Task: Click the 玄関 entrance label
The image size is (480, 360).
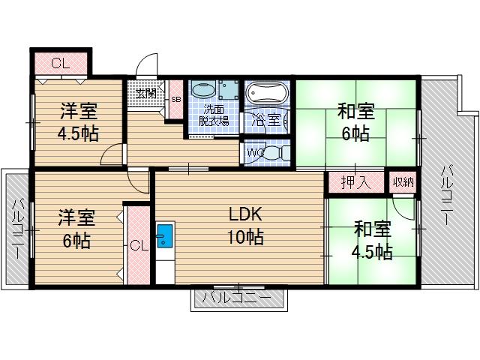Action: click(146, 93)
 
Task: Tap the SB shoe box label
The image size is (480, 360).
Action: click(175, 98)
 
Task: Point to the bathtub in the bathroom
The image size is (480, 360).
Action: click(266, 94)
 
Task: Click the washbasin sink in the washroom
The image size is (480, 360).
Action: click(202, 91)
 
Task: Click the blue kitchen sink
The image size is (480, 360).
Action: click(164, 237)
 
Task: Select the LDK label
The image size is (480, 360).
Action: click(244, 213)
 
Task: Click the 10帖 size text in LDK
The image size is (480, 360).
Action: click(245, 238)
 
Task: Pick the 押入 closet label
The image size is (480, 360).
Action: click(354, 181)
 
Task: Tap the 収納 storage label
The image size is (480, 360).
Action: click(401, 181)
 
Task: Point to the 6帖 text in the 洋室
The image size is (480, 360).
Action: click(77, 241)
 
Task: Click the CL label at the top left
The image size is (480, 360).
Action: click(60, 63)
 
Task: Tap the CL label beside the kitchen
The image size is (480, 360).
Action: click(138, 245)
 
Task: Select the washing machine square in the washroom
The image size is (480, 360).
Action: click(228, 91)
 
